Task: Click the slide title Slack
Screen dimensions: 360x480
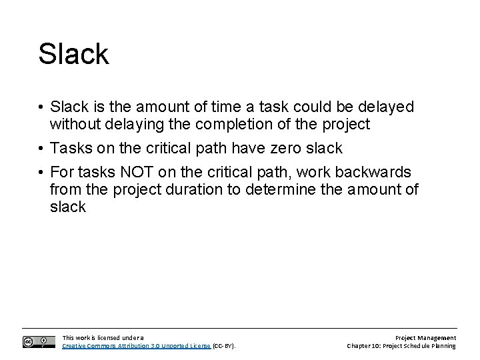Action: click(73, 54)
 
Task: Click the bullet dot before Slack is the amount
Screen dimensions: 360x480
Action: click(41, 107)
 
